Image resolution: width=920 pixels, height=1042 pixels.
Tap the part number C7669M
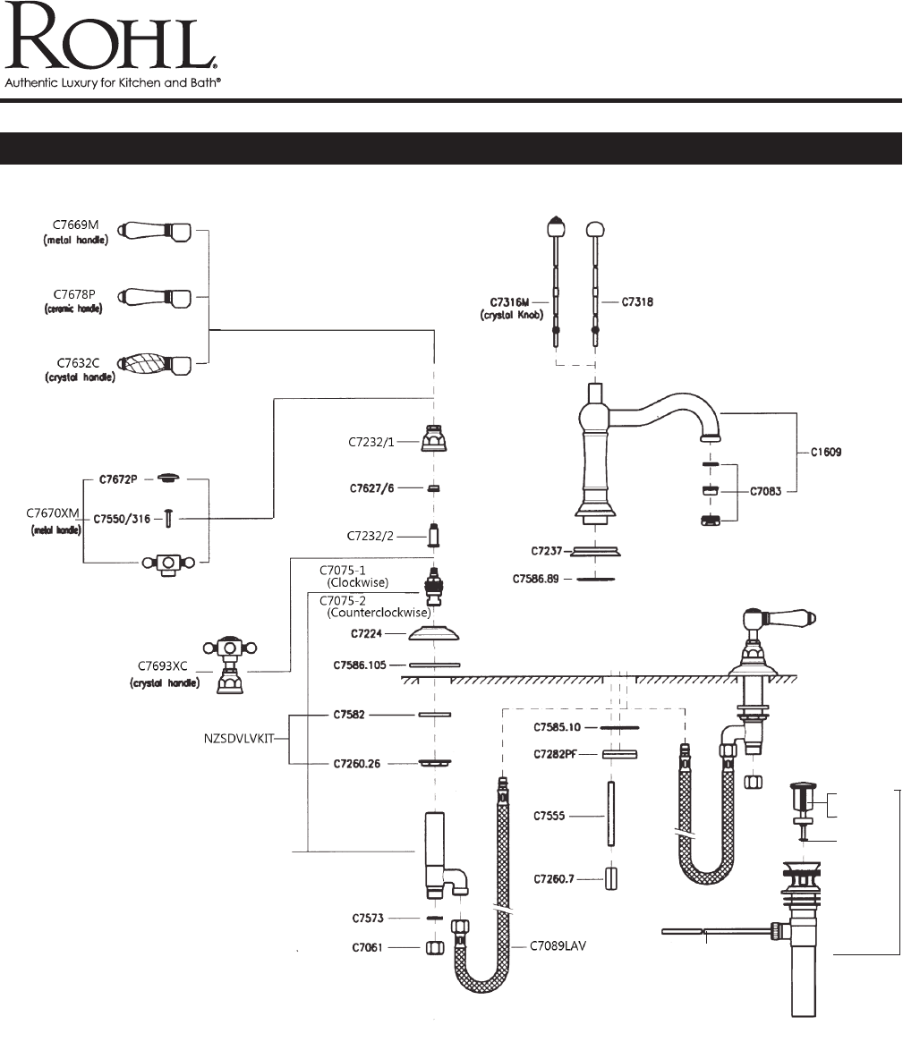[76, 225]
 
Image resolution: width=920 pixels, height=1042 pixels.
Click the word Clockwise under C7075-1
[358, 582]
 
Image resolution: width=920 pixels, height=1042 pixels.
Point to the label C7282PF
[556, 754]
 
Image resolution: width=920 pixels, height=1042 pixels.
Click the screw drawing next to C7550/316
[167, 518]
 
